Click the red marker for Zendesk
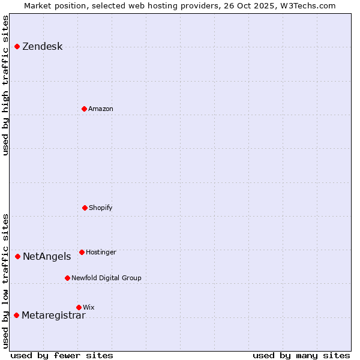pyautogui.click(x=17, y=46)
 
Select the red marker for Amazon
pyautogui.click(x=84, y=109)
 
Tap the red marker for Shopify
pyautogui.click(x=85, y=208)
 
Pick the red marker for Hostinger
pyautogui.click(x=82, y=252)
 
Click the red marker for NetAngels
pyautogui.click(x=17, y=256)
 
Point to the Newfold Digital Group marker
pyautogui.click(x=67, y=278)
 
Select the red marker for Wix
pyautogui.click(x=79, y=307)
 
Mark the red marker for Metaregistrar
pyautogui.click(x=16, y=315)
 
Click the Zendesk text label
pyautogui.click(x=42, y=47)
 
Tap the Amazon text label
pyautogui.click(x=101, y=109)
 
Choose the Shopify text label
pyautogui.click(x=101, y=208)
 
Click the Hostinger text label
pyautogui.click(x=101, y=253)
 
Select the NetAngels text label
pyautogui.click(x=47, y=257)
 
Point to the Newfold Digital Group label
pyautogui.click(x=106, y=278)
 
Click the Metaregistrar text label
pyautogui.click(x=53, y=316)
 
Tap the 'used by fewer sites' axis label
pyautogui.click(x=62, y=355)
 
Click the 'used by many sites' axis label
pyautogui.click(x=301, y=355)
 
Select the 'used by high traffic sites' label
pyautogui.click(x=6, y=85)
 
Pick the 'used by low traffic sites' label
pyautogui.click(x=6, y=280)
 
